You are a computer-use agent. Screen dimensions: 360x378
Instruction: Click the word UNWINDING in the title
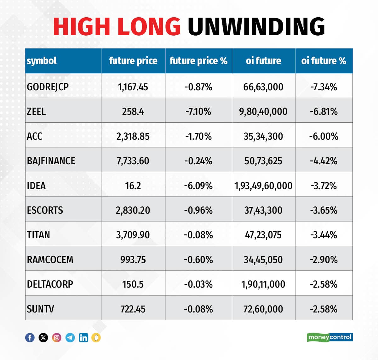(256, 26)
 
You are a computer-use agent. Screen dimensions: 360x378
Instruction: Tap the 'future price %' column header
(198, 61)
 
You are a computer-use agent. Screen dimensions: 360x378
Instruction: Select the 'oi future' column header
(263, 61)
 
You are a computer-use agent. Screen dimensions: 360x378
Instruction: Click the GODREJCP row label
(48, 87)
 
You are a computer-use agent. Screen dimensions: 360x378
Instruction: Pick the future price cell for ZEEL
(133, 111)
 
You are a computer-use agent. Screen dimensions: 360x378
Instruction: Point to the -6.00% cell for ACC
(324, 136)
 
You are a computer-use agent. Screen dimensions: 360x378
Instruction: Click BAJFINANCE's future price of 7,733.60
(133, 161)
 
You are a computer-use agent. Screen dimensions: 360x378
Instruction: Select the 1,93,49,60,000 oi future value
(263, 186)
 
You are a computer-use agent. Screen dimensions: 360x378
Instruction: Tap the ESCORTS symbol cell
(45, 210)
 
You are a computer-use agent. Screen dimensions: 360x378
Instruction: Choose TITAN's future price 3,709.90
(133, 235)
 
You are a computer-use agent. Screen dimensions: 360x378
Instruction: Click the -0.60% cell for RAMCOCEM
(198, 260)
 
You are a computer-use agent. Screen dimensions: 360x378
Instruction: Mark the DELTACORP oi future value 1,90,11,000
(263, 284)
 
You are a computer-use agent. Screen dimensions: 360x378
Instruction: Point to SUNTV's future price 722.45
(133, 309)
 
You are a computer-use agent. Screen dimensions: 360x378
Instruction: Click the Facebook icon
(30, 338)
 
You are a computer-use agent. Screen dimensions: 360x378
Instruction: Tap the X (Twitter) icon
(43, 338)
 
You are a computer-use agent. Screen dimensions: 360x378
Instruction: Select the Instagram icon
(57, 338)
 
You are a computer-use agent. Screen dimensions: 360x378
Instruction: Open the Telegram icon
(70, 338)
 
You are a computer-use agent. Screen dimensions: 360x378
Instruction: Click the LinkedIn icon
(83, 338)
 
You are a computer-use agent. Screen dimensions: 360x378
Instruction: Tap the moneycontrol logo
(330, 337)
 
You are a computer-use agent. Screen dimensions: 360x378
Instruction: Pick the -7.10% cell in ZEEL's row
(198, 111)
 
